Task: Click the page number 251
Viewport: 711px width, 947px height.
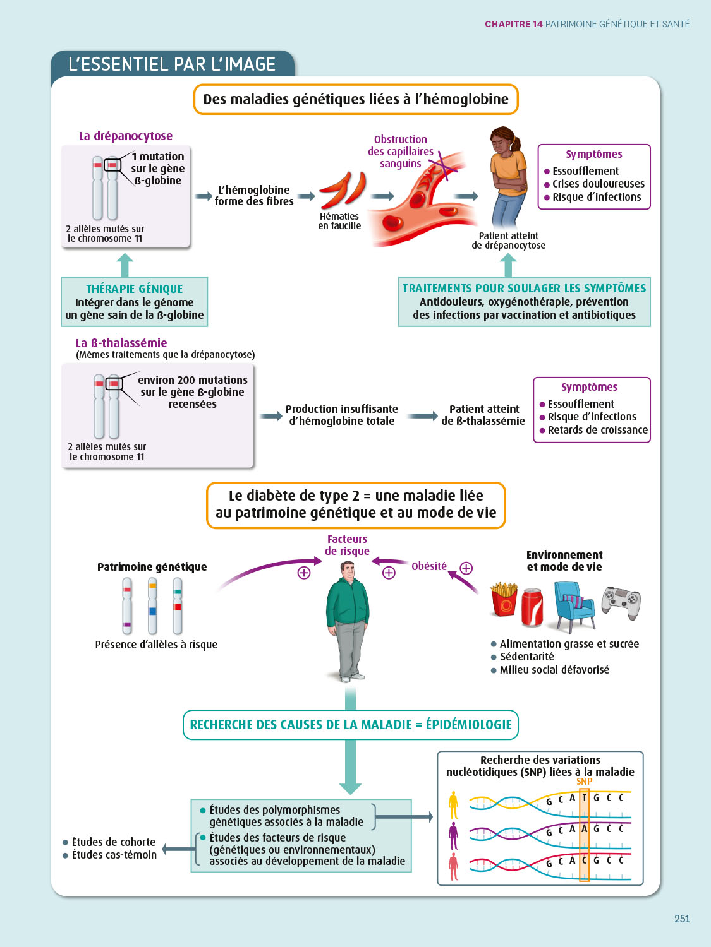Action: [682, 919]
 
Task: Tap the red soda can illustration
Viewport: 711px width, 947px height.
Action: [532, 607]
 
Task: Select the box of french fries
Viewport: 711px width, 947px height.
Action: [504, 599]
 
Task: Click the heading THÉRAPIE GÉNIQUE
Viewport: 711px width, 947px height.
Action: [134, 289]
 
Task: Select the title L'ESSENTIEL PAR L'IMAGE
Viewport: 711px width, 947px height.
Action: [172, 64]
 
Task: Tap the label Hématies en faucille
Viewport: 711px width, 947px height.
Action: [339, 221]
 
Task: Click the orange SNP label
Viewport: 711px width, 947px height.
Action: [584, 782]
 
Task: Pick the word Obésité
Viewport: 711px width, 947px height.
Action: [429, 566]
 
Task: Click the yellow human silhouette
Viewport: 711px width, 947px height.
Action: [453, 805]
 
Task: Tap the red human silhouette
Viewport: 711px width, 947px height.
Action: [453, 866]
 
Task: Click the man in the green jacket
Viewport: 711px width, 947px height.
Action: [347, 619]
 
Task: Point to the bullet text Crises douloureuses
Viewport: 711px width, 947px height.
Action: [598, 184]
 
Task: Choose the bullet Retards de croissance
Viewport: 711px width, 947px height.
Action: [597, 430]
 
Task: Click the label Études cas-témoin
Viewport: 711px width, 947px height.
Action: [114, 855]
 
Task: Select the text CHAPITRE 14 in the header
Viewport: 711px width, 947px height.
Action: [513, 24]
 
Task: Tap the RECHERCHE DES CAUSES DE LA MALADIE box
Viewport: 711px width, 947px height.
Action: [351, 725]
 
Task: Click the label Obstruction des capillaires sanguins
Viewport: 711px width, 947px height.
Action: [401, 152]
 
